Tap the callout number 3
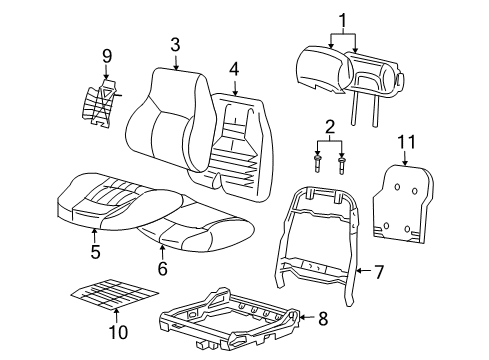click(175, 45)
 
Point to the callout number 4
click(234, 69)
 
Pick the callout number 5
click(95, 253)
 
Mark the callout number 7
click(378, 270)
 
